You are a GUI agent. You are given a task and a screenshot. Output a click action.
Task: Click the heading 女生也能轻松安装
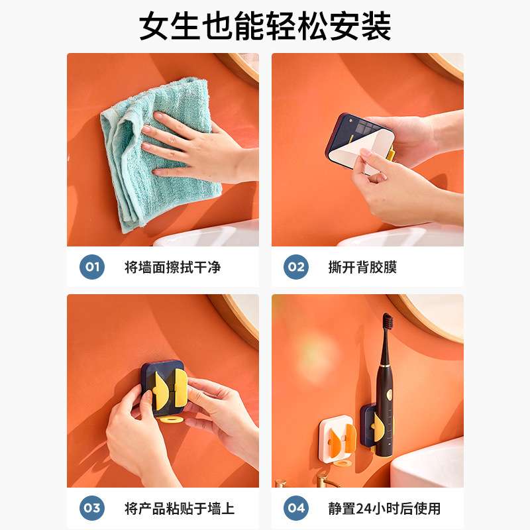[x=265, y=26]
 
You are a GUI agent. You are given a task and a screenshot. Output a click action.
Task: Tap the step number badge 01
[x=92, y=267]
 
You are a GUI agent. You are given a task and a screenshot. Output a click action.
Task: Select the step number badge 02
[x=296, y=267]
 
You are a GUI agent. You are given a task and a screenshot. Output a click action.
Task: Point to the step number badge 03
[x=92, y=508]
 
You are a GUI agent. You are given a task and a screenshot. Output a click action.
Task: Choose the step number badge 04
[x=296, y=508]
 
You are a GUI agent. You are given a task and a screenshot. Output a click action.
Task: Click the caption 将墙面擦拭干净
[x=173, y=268]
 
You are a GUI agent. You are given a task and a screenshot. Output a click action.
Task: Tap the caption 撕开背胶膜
[x=362, y=268]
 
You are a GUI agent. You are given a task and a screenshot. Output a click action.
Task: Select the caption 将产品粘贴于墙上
[x=180, y=508]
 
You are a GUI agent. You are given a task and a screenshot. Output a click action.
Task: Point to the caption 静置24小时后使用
[x=384, y=508]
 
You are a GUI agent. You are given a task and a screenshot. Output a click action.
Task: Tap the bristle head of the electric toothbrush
[x=388, y=321]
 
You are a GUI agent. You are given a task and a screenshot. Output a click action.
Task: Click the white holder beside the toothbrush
[x=337, y=439]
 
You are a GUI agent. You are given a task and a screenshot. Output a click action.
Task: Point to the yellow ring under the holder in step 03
[x=172, y=419]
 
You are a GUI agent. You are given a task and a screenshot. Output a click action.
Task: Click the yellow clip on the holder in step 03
[x=170, y=390]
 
